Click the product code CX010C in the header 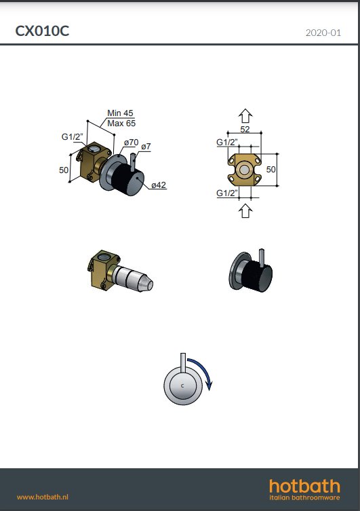(x=42, y=31)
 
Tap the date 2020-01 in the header (x=323, y=33)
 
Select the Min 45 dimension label (x=120, y=113)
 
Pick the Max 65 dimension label (x=121, y=124)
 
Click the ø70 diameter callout (x=131, y=143)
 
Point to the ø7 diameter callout (x=146, y=147)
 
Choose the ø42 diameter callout (x=159, y=185)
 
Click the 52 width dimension (x=245, y=129)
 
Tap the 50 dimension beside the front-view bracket (x=271, y=170)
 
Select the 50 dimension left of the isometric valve (x=64, y=170)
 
